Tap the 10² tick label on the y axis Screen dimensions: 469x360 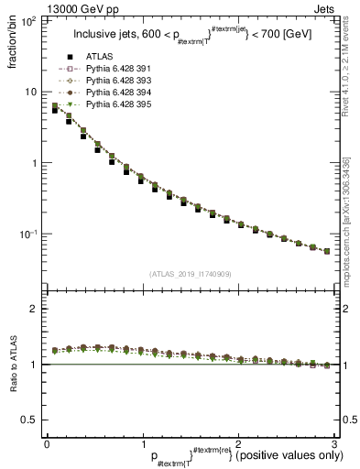coord(29,20)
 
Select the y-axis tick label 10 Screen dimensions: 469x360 coord(32,92)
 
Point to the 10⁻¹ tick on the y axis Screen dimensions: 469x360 coord(29,234)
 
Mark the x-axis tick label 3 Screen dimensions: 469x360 coord(335,443)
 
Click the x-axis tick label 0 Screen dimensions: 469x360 coord(47,443)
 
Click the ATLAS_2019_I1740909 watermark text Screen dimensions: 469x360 coord(190,274)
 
